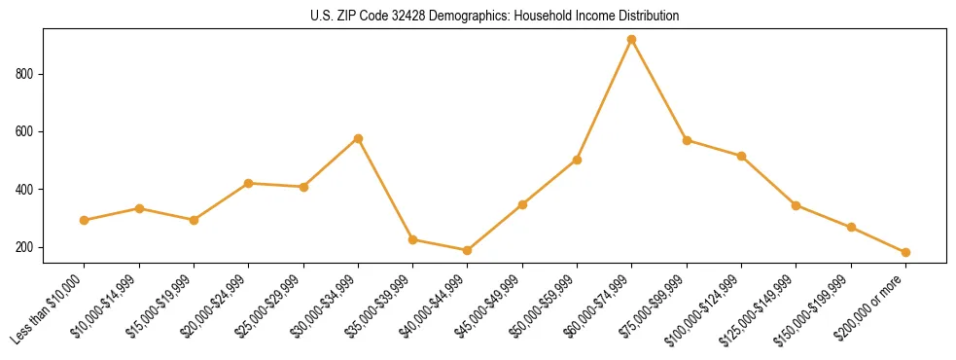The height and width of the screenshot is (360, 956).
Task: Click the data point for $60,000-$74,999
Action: point(632,40)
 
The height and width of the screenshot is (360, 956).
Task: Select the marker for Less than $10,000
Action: point(85,221)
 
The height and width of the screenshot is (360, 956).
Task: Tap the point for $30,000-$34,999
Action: point(359,138)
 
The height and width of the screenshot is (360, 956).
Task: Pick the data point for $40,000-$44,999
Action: point(468,251)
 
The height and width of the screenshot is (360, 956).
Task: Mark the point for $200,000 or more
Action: point(905,252)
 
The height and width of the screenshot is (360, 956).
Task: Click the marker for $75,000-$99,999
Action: point(687,140)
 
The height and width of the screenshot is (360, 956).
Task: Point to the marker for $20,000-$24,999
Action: point(249,183)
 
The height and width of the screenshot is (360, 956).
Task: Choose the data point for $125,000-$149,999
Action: point(797,205)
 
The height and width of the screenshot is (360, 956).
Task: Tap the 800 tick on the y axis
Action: point(26,74)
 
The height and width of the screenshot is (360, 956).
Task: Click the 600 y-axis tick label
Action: point(26,131)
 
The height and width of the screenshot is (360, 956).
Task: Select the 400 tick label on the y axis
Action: point(26,190)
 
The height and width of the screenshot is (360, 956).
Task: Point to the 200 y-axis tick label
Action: point(26,247)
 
